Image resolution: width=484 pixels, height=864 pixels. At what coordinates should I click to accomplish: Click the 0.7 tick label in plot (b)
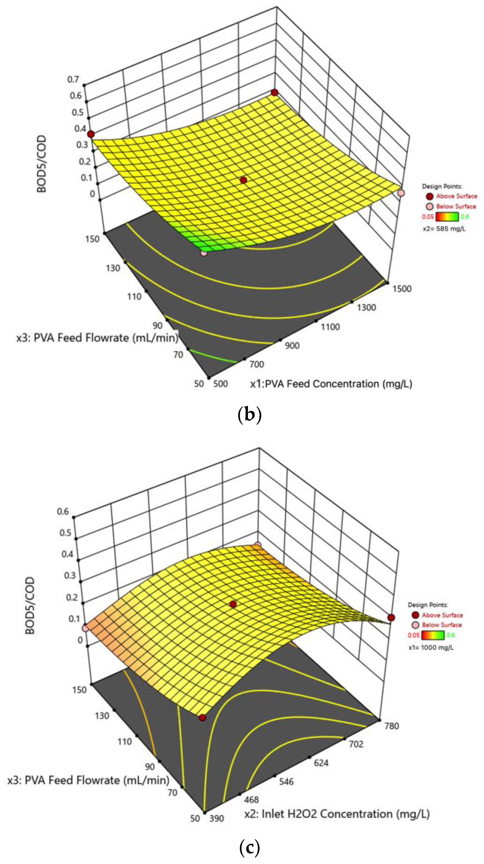point(73,80)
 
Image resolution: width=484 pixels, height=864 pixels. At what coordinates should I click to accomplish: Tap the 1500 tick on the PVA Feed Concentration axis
point(402,289)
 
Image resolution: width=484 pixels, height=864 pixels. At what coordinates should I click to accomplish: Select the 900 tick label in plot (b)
point(292,345)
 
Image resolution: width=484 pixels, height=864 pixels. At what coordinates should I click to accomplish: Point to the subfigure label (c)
point(250,848)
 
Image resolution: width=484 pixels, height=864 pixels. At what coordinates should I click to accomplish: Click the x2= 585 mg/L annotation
point(444,229)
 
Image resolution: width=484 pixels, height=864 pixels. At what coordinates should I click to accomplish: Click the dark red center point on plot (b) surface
point(243,180)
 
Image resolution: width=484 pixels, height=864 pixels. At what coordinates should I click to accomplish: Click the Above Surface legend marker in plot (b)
point(430,196)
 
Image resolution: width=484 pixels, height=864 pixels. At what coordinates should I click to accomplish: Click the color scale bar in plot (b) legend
point(447,217)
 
